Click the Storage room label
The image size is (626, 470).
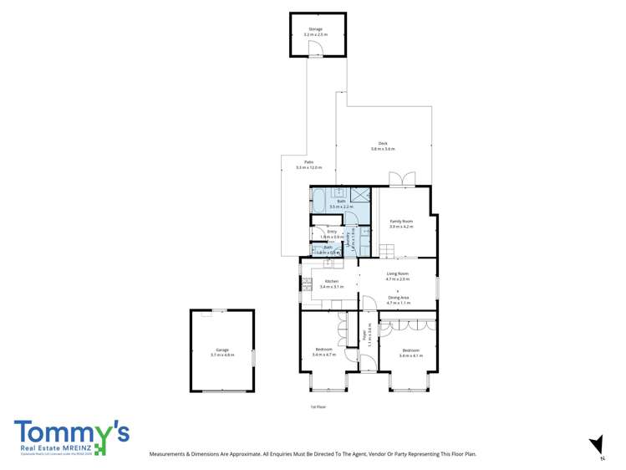(x=315, y=29)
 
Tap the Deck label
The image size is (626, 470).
(x=382, y=143)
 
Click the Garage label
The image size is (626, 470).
(x=221, y=350)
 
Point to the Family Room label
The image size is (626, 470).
(x=401, y=221)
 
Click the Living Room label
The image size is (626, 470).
(x=397, y=273)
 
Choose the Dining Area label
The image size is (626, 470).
(x=398, y=298)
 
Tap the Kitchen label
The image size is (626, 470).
(x=332, y=281)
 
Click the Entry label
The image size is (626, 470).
(x=332, y=231)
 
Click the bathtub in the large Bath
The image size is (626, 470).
(x=319, y=199)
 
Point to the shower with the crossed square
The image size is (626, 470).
(x=360, y=196)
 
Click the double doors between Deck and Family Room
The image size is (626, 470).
(x=402, y=180)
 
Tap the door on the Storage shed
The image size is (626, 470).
(x=315, y=54)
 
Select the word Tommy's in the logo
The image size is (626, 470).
(x=70, y=433)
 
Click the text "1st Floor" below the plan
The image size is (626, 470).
(x=317, y=406)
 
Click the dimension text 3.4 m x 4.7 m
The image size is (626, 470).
(x=323, y=355)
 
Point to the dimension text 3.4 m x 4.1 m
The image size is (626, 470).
(x=410, y=355)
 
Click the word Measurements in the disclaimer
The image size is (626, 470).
(x=169, y=454)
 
